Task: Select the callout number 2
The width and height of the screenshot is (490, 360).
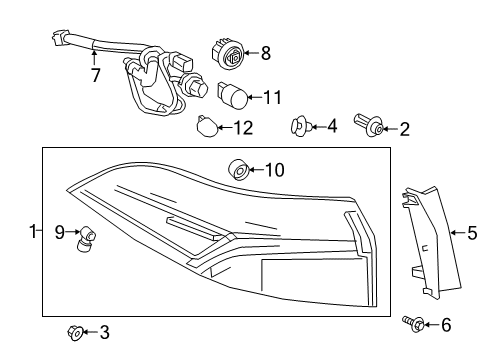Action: (404, 127)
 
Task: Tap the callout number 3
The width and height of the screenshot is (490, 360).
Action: (105, 331)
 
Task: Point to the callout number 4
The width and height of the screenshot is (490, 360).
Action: (331, 126)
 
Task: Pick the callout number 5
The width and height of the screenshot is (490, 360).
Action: (472, 234)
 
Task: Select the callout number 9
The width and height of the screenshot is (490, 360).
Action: (59, 232)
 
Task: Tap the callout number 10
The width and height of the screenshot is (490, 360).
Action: (275, 170)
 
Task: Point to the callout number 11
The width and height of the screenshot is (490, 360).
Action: (272, 97)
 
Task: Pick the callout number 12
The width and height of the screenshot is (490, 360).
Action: (243, 127)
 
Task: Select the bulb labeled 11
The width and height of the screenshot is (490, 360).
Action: (232, 97)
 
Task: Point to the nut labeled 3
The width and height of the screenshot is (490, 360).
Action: (74, 331)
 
